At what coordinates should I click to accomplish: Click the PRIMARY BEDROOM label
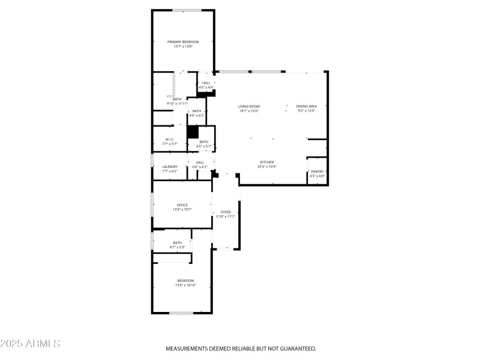coord(183,42)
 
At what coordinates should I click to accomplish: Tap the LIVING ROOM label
coord(249,106)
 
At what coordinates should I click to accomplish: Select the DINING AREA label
coord(306,106)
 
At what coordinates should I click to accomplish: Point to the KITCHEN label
coord(267,162)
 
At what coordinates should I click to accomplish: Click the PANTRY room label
coord(317,172)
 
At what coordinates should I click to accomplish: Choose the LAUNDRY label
coord(170,167)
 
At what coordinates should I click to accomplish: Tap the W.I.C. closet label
coord(170,140)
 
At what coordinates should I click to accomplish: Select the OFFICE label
coord(182,205)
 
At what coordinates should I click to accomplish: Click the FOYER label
coord(226,212)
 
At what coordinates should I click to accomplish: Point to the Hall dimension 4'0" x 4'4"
coord(206,88)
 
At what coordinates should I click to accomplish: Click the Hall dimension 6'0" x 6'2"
coord(200,166)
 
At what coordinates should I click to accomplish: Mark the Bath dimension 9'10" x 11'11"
coord(177,104)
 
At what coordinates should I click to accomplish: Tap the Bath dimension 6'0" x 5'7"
coord(204,146)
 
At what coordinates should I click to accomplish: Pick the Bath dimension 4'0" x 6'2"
coord(197,115)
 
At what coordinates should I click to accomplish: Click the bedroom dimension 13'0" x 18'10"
coord(185,285)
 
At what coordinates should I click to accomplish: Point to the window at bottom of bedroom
coord(181,313)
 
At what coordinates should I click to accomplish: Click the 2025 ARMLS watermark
coord(30,344)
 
